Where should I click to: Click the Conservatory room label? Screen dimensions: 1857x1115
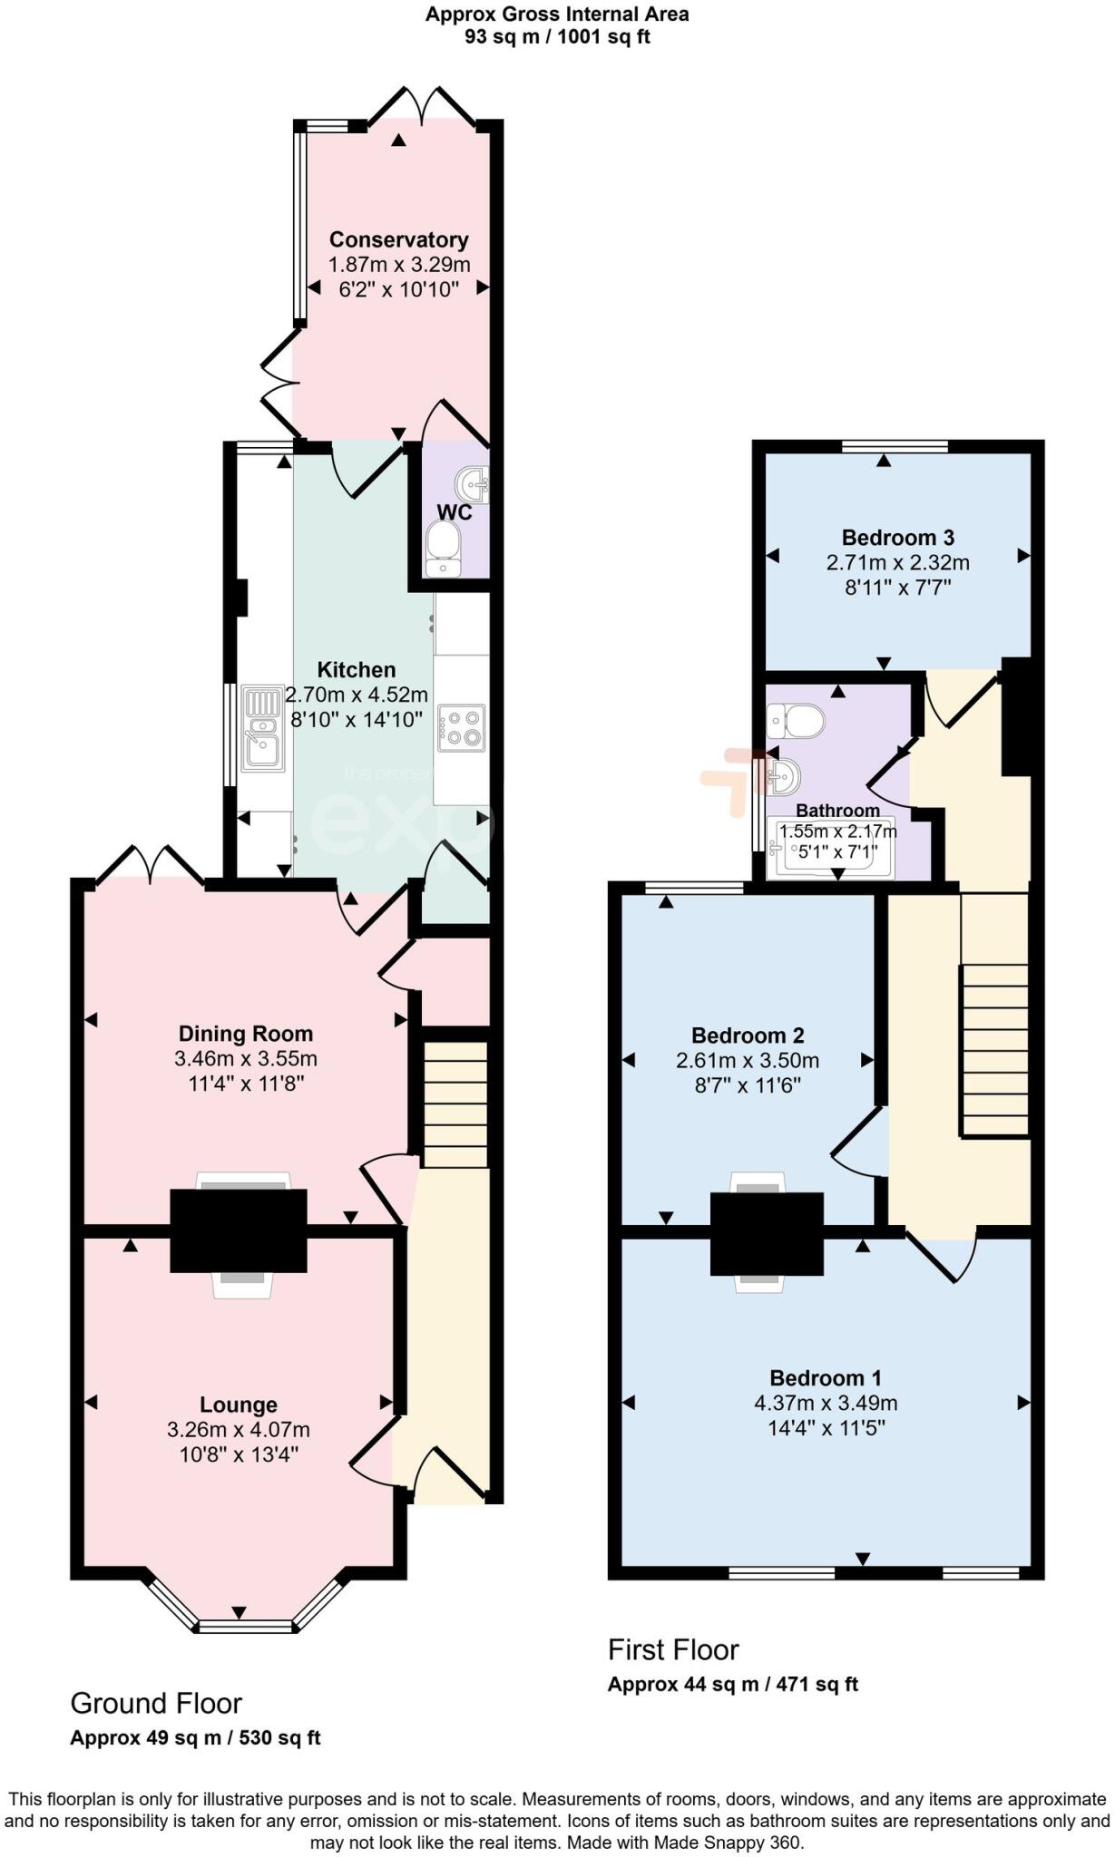[x=398, y=239]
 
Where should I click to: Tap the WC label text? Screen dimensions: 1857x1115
[x=455, y=512]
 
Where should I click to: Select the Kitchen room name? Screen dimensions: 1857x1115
[x=357, y=670]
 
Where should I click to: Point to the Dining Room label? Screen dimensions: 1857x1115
[x=246, y=1034]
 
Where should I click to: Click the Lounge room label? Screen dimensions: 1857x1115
[x=239, y=1405]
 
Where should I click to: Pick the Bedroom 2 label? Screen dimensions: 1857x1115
[x=748, y=1035]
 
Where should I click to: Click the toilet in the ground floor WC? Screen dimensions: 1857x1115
[x=444, y=549]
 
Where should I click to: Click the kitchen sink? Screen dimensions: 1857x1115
[x=263, y=730]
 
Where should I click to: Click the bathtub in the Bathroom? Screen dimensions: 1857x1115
[x=831, y=849]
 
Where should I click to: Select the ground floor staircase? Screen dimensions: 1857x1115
[x=455, y=1104]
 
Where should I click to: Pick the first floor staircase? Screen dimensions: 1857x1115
[x=994, y=1049]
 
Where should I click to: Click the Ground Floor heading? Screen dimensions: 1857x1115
[x=156, y=1704]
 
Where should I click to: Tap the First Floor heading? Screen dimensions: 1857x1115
[x=673, y=1649]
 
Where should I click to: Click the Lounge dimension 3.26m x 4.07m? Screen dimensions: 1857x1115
[x=239, y=1430]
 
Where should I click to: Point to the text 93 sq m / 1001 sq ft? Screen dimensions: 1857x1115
[x=557, y=37]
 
